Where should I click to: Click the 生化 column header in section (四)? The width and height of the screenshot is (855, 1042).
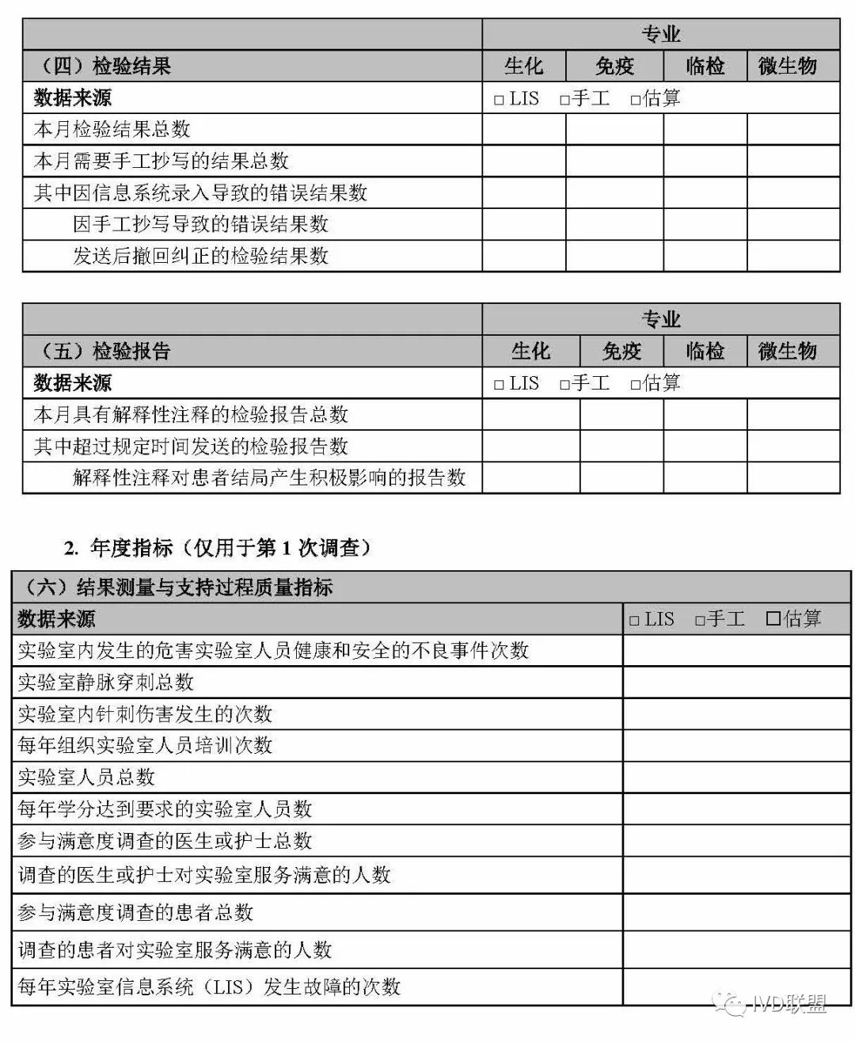click(x=524, y=66)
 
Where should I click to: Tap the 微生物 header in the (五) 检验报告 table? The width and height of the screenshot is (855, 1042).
click(x=788, y=351)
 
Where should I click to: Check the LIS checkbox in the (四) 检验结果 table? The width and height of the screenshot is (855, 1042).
click(x=499, y=100)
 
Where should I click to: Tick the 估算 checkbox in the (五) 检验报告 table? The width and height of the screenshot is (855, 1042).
click(x=635, y=385)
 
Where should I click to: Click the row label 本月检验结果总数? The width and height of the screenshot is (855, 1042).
click(x=112, y=129)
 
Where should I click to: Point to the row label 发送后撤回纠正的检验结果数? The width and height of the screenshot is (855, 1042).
click(x=200, y=256)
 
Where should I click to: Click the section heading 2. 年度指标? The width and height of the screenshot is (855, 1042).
click(x=218, y=547)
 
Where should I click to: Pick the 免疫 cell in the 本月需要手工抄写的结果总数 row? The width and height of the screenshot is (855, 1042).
click(x=614, y=161)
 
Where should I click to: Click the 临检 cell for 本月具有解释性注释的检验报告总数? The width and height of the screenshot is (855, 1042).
click(x=705, y=414)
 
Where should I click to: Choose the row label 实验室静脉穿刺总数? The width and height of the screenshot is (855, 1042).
click(x=105, y=682)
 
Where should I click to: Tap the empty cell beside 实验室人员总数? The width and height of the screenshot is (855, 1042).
click(x=736, y=777)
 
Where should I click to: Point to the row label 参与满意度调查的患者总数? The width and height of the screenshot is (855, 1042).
click(x=135, y=912)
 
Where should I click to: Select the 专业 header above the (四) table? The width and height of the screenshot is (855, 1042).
click(x=660, y=34)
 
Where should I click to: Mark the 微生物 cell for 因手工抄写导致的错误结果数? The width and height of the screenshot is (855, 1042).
click(x=793, y=224)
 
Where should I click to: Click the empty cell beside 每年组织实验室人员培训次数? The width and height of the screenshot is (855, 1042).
click(x=736, y=745)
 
